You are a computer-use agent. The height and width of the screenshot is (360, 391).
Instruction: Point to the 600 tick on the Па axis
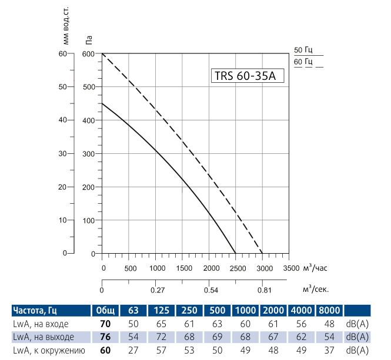[89, 54]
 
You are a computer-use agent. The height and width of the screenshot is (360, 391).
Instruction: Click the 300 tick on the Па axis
[89, 154]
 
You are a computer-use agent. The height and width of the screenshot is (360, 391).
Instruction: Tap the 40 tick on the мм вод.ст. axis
[64, 120]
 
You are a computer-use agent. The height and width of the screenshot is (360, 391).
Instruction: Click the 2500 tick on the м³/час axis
[236, 268]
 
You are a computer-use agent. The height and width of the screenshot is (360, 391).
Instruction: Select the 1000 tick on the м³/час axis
[156, 268]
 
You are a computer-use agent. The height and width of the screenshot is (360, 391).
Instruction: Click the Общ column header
[105, 311]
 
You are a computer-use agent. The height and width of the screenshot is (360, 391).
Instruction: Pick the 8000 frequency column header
[329, 311]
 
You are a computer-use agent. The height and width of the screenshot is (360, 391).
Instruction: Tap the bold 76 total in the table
[105, 337]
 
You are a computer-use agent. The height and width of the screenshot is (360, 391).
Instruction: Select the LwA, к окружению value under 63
[133, 351]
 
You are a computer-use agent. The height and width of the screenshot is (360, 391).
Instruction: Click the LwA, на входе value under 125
[161, 324]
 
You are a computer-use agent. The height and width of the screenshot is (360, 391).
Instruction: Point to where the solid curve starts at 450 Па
[102, 103]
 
